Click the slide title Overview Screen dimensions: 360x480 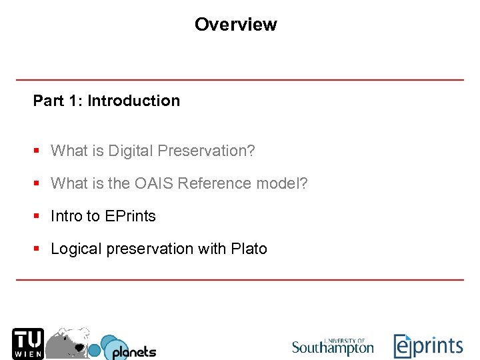click(x=235, y=25)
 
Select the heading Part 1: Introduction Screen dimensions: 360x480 click(x=107, y=101)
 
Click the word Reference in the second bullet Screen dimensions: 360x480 click(x=217, y=183)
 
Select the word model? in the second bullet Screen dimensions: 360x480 click(x=283, y=183)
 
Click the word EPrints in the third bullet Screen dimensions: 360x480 click(x=130, y=216)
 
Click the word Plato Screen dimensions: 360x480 click(x=249, y=249)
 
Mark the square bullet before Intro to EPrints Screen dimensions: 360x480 click(x=37, y=216)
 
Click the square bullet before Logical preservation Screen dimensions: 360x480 click(x=37, y=249)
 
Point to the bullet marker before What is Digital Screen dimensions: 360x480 click(x=37, y=151)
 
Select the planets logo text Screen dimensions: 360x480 click(x=133, y=351)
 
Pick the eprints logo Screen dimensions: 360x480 click(x=427, y=346)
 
